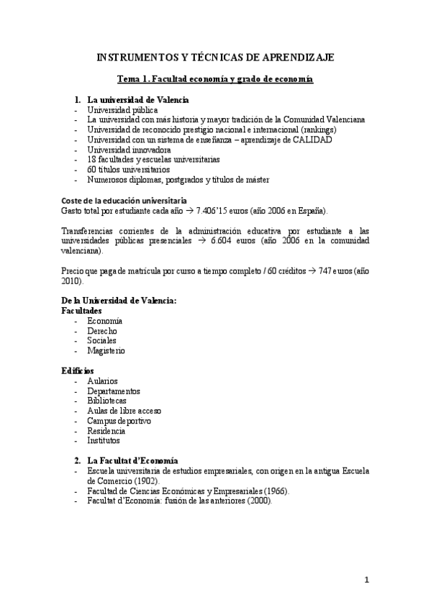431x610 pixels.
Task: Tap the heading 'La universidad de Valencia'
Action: pos(138,99)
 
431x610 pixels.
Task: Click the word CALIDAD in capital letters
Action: pos(312,140)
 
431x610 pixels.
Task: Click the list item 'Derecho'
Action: pos(102,330)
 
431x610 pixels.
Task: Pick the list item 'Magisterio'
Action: pos(106,350)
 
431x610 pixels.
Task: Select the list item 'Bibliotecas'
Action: pos(106,400)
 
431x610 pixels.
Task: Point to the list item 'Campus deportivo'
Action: pos(119,420)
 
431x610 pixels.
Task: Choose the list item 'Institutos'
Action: pos(104,440)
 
